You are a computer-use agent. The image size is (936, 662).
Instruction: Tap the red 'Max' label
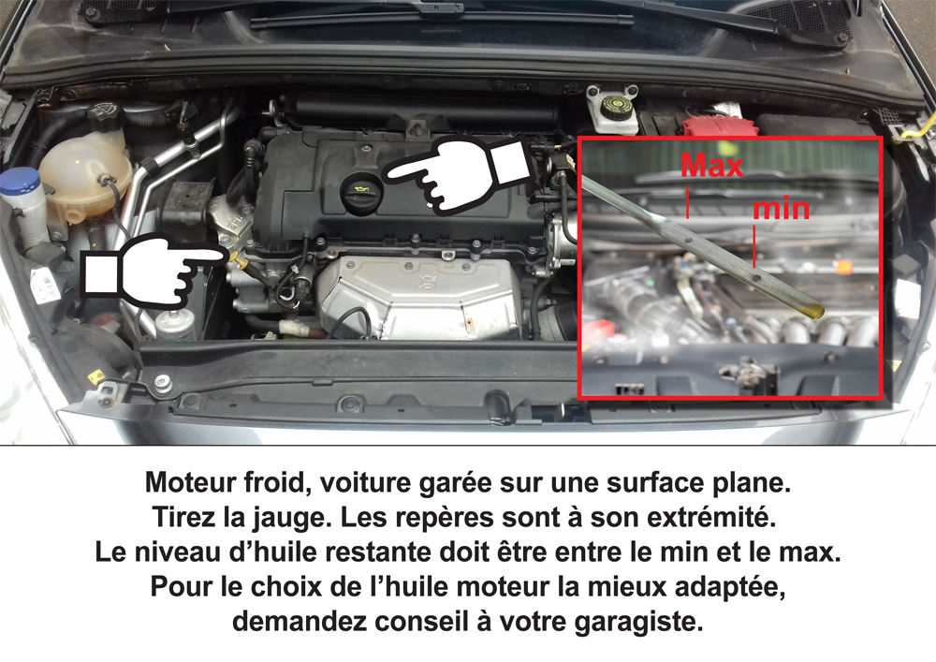coord(712,166)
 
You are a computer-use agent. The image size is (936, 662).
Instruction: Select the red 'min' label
coord(782,209)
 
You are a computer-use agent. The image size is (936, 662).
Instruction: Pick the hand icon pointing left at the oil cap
coord(457,174)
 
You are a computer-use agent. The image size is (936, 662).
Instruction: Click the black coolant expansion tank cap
coord(105,116)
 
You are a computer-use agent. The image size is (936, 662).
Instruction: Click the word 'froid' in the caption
coord(277,482)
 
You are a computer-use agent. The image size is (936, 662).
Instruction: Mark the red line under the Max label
coord(688,203)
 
